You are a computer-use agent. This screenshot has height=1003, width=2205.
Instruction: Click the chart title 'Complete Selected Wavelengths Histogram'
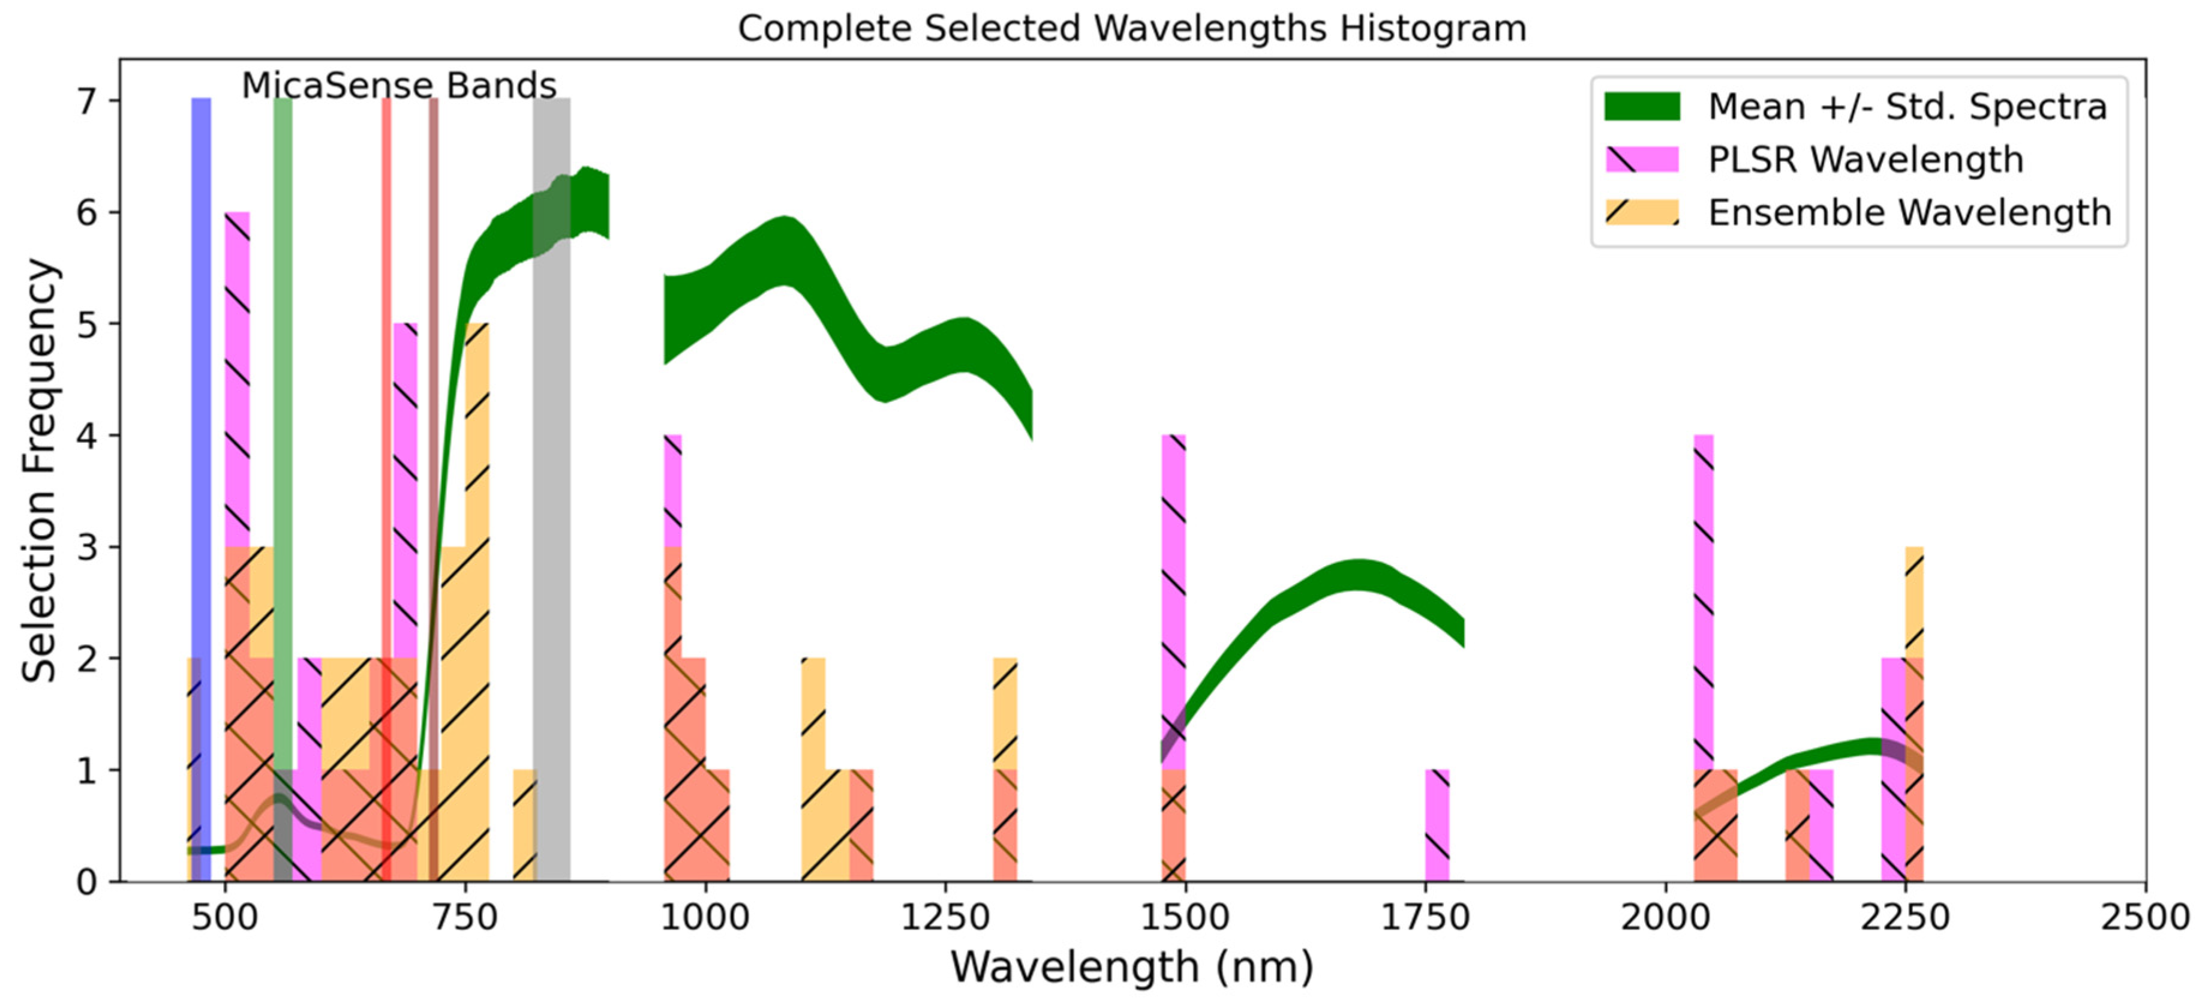[1132, 28]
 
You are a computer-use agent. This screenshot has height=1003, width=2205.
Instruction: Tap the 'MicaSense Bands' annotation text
[399, 86]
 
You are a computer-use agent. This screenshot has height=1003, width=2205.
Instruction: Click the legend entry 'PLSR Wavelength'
[1864, 160]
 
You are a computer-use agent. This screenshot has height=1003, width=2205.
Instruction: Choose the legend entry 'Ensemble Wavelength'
[1909, 213]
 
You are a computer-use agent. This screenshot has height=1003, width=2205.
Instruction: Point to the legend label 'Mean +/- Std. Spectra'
[1907, 107]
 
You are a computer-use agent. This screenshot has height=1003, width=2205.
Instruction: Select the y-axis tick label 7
[86, 102]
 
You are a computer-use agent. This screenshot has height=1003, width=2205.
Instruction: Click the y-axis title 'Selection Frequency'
[40, 471]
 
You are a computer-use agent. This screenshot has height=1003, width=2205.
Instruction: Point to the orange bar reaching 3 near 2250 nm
[1914, 599]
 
